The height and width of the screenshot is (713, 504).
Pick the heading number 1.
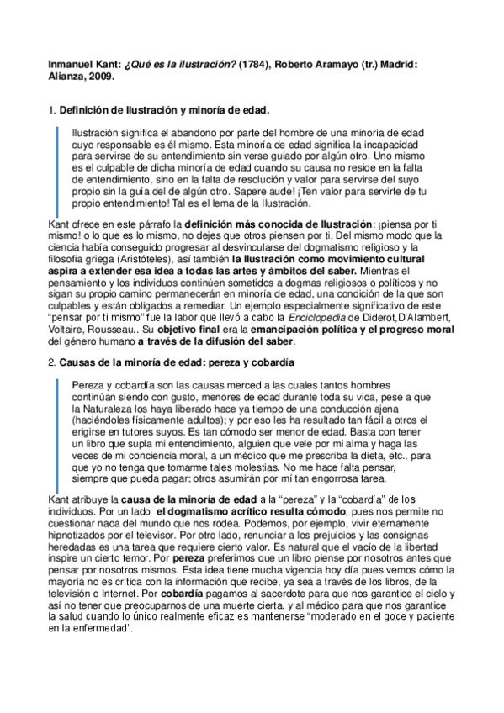pos(51,110)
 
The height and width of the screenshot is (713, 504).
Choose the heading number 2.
pos(51,362)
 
